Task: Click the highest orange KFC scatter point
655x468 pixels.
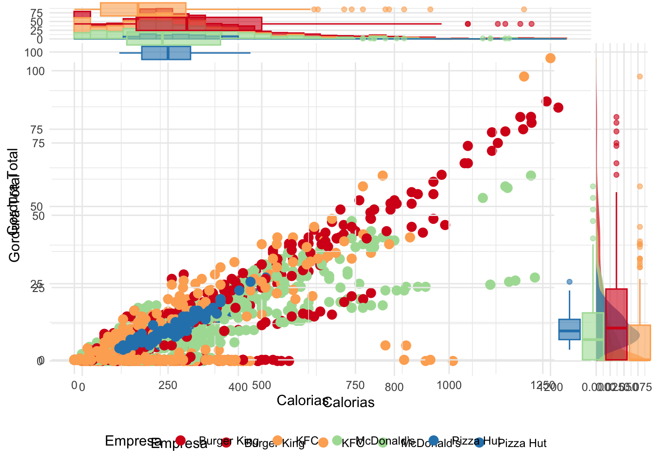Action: click(550, 58)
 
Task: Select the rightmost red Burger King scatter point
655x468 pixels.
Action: click(558, 107)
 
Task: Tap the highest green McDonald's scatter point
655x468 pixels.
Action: click(531, 175)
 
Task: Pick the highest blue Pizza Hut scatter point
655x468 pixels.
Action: click(250, 282)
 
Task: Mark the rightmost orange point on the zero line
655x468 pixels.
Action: click(453, 361)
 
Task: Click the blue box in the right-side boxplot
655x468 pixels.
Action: click(569, 329)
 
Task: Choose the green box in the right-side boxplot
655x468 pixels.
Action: click(593, 336)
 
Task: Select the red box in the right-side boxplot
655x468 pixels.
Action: click(616, 324)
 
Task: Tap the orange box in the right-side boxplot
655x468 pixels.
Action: click(639, 342)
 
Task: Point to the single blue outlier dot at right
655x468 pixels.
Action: click(569, 282)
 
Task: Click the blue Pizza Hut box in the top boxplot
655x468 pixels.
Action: click(166, 53)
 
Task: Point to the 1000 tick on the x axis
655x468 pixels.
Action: click(449, 385)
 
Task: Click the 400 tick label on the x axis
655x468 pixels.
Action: click(238, 387)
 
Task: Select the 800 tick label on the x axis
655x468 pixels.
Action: click(394, 387)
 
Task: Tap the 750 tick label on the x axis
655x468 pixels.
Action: click(355, 385)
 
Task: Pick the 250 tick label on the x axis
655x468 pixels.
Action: click(168, 385)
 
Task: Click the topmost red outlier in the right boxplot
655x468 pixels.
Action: click(616, 117)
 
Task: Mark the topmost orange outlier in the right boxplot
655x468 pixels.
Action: click(639, 77)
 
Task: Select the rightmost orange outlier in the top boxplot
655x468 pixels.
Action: click(524, 9)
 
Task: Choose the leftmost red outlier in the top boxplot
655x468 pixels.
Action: click(468, 24)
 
